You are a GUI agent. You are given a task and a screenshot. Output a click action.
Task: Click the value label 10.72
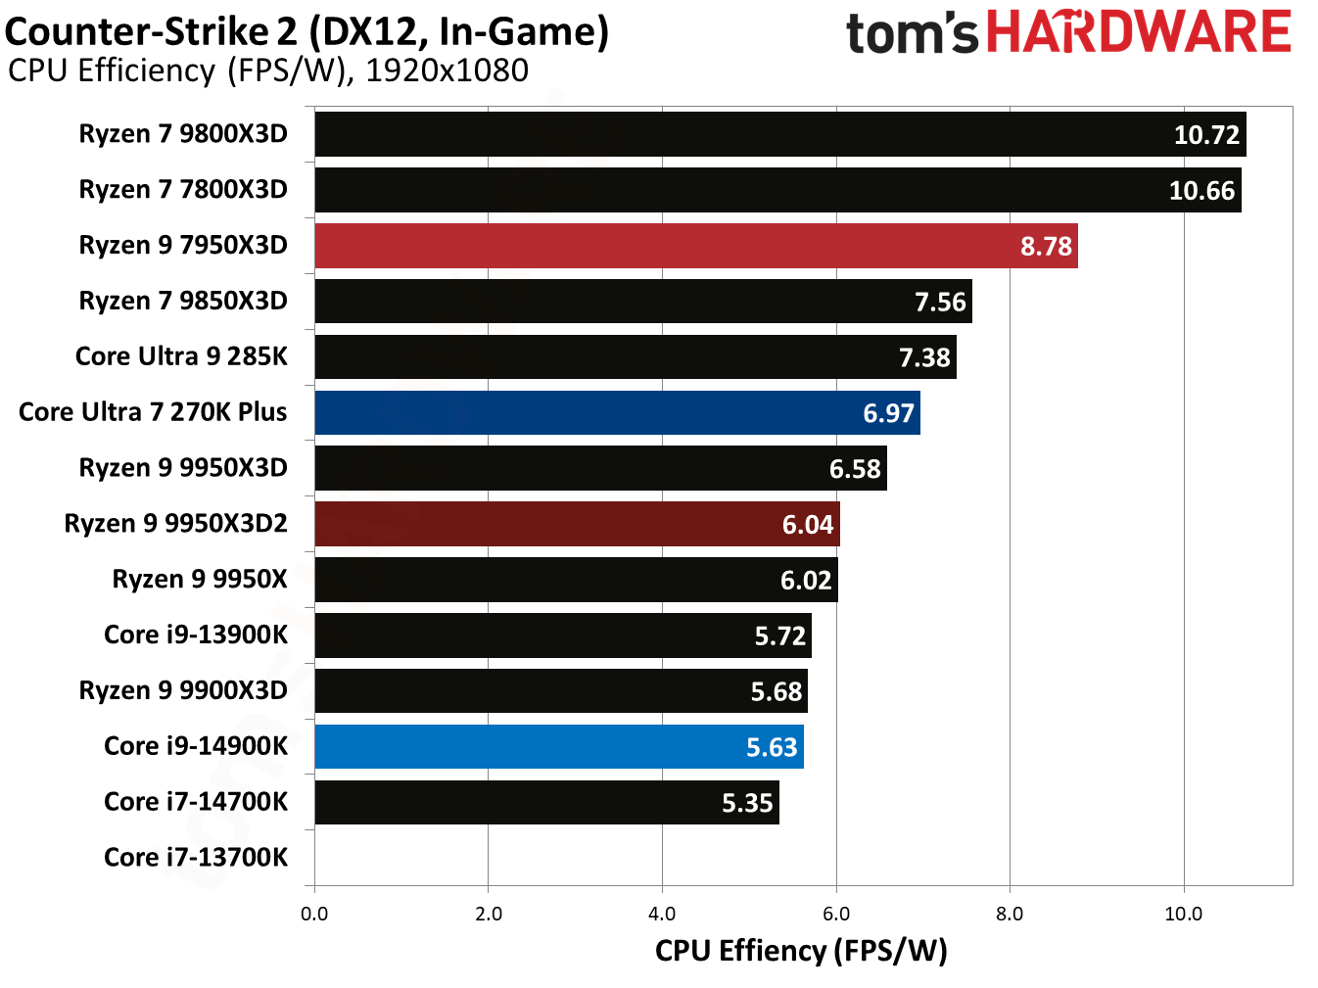point(1206,135)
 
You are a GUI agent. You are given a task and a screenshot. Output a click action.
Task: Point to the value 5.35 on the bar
point(747,804)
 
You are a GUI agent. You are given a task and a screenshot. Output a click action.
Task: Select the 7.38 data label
point(924,358)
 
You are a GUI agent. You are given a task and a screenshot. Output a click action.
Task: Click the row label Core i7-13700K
point(196,858)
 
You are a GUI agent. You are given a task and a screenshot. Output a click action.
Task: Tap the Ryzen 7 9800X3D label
point(183,134)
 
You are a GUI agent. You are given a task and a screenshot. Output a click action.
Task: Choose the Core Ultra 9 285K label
point(181,356)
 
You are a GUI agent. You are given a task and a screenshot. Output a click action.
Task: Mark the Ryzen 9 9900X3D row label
point(183,691)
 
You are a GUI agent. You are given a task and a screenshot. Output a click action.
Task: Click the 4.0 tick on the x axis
point(662,915)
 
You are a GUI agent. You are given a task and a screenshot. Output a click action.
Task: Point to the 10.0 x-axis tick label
point(1183,915)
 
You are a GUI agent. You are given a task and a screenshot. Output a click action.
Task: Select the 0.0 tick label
point(314,915)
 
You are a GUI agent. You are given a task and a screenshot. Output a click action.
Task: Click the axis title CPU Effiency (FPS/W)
point(801,951)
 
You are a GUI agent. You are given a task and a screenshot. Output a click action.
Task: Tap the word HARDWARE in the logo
point(1139,32)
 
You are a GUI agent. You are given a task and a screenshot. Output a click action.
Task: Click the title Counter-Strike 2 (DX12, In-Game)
point(306,31)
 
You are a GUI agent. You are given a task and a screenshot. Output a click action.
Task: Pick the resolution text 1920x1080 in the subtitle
point(447,71)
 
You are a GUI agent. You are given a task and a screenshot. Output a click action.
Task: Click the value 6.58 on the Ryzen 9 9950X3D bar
point(855,470)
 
